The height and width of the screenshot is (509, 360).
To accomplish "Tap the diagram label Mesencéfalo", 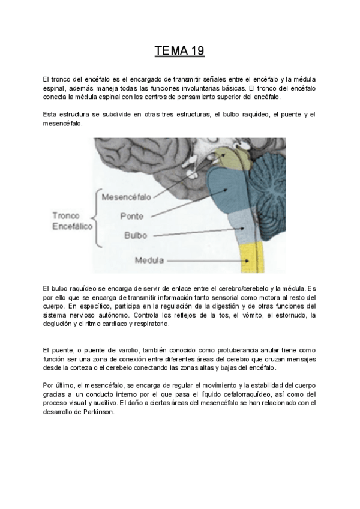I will tap(126, 196).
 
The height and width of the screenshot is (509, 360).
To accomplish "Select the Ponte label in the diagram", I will tap(131, 215).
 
